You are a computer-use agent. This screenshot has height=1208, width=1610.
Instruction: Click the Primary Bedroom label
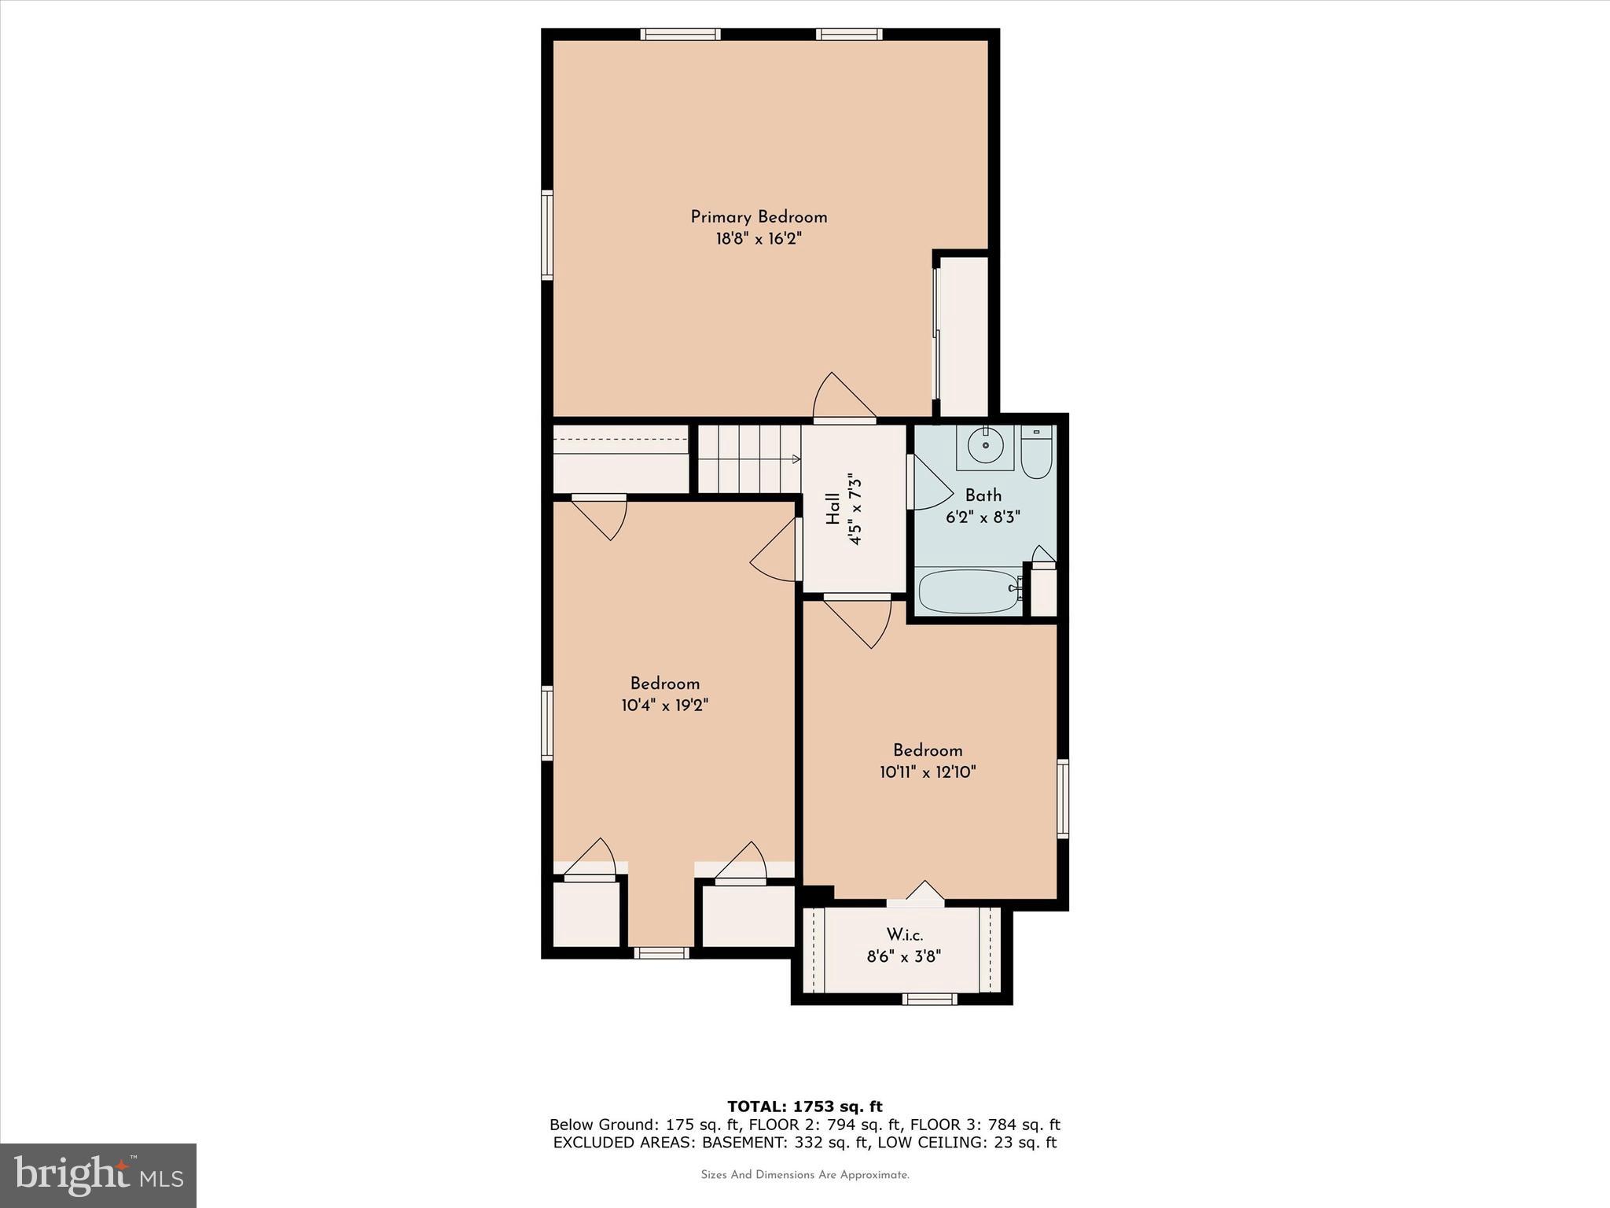tap(759, 217)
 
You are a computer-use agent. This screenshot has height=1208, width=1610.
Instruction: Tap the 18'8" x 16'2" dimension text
tap(759, 239)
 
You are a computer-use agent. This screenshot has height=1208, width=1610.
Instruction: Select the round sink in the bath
tap(984, 447)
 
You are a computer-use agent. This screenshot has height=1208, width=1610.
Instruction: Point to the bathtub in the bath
tap(970, 591)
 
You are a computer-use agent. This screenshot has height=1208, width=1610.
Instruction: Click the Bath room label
tap(983, 495)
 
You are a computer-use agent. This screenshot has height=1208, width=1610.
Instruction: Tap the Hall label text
tap(833, 509)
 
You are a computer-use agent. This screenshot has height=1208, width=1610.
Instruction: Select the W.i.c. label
tap(904, 935)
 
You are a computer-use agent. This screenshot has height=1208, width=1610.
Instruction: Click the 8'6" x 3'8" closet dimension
tap(904, 957)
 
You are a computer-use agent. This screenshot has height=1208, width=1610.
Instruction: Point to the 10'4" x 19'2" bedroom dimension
tap(665, 705)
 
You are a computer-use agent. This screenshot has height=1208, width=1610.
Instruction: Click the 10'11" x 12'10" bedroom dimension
tap(928, 772)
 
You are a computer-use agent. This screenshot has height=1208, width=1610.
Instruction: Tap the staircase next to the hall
tap(748, 459)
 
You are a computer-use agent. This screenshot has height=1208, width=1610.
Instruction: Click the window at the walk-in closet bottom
tap(929, 1000)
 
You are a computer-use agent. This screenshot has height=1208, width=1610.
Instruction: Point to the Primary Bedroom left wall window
tap(547, 234)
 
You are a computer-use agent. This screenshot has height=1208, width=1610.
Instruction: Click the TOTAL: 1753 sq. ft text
tap(804, 1107)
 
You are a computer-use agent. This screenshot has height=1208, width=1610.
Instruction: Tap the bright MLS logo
tap(98, 1175)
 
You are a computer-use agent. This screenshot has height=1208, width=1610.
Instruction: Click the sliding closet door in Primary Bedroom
tap(936, 334)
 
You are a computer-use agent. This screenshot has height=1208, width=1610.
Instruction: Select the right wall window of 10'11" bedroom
tap(1062, 798)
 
